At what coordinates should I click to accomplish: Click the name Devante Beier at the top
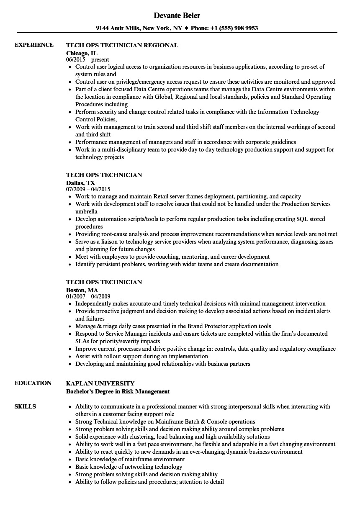(x=177, y=15)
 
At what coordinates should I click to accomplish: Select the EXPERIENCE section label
(x=34, y=45)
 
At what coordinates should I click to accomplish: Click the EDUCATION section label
(x=33, y=383)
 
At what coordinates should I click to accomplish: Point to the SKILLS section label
(x=25, y=406)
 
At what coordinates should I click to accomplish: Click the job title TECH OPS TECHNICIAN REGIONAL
(x=122, y=45)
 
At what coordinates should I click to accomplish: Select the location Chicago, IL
(x=82, y=53)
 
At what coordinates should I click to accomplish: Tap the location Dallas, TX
(x=80, y=183)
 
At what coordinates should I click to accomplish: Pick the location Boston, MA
(x=82, y=290)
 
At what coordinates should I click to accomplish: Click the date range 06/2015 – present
(x=87, y=60)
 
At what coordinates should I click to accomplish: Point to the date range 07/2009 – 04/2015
(x=88, y=189)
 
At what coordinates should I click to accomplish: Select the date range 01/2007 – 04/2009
(x=88, y=296)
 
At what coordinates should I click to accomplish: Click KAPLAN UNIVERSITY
(x=100, y=383)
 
